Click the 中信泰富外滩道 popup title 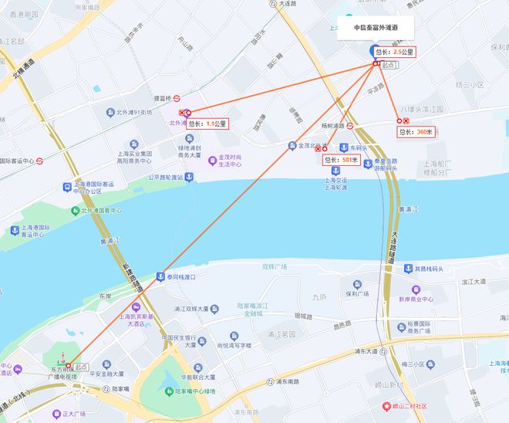[376, 27]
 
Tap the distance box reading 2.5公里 [394, 52]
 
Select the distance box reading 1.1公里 [209, 124]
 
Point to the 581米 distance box [341, 160]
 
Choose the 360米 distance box [416, 132]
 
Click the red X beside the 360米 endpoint [406, 121]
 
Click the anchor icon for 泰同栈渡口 [160, 276]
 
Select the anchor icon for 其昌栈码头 [410, 269]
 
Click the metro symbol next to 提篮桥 [177, 98]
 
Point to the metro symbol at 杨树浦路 [349, 125]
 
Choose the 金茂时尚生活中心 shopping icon [212, 161]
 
